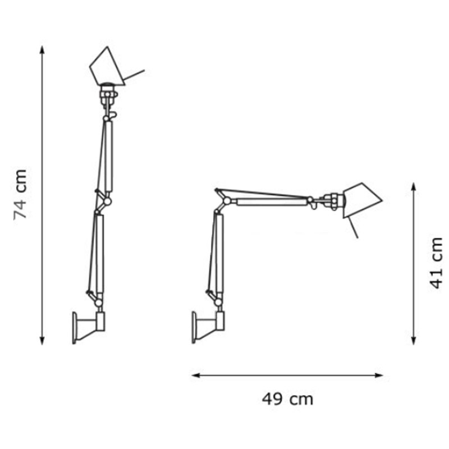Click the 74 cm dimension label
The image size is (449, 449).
coord(20,194)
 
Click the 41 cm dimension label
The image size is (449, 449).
coord(436,263)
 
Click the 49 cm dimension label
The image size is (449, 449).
coord(287,399)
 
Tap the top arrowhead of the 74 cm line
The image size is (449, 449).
coord(42,49)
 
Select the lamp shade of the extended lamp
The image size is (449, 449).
coord(107,66)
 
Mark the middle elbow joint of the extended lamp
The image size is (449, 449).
coord(106,200)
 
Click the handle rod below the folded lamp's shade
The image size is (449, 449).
coord(352,228)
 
